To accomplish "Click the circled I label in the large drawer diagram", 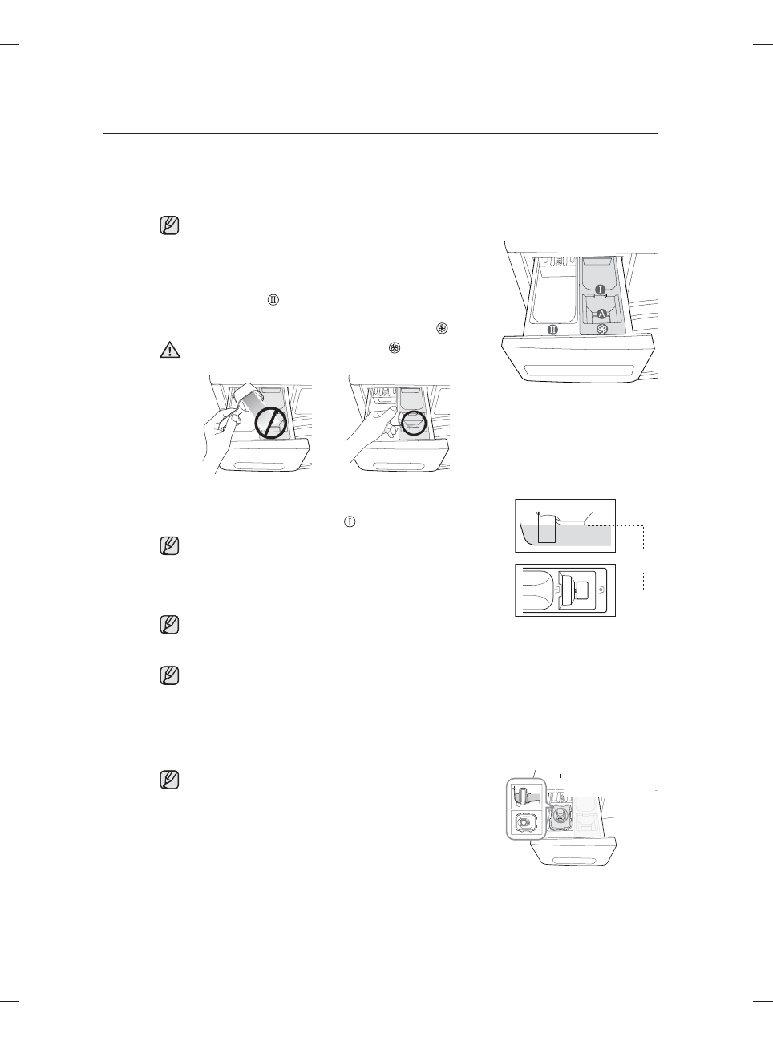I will pyautogui.click(x=599, y=288).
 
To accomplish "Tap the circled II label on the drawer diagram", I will pyautogui.click(x=552, y=329).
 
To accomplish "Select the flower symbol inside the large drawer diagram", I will pyautogui.click(x=602, y=329).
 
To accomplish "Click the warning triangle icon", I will pyautogui.click(x=169, y=350).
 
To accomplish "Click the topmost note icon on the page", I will pyautogui.click(x=169, y=225).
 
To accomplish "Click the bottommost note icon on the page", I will pyautogui.click(x=169, y=779).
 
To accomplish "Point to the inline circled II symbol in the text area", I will pyautogui.click(x=273, y=300).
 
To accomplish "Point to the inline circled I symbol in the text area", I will pyautogui.click(x=350, y=521).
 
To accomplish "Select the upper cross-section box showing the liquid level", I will pyautogui.click(x=565, y=525).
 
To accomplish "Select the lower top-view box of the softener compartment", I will pyautogui.click(x=565, y=590).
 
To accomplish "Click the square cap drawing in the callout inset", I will pyautogui.click(x=526, y=823).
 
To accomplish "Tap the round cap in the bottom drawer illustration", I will pyautogui.click(x=561, y=819).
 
